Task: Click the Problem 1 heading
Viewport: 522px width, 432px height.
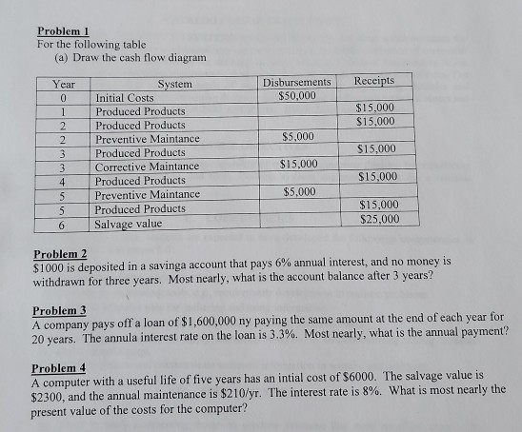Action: pos(63,29)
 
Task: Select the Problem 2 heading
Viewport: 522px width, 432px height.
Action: pos(60,253)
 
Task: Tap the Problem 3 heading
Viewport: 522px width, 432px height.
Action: pos(59,311)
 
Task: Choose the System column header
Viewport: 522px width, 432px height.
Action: pos(174,85)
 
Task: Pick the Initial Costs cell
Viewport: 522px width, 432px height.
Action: pos(125,98)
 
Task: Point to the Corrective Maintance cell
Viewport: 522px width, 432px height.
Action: pos(147,167)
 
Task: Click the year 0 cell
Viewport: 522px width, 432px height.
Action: pos(60,98)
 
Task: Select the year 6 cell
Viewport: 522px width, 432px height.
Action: pos(60,224)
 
